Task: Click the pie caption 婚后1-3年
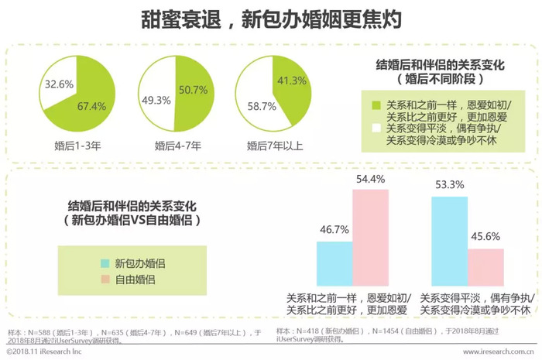coord(76,145)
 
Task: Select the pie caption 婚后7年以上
coord(276,145)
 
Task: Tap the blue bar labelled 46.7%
coord(334,263)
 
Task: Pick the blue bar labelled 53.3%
coord(449,241)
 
